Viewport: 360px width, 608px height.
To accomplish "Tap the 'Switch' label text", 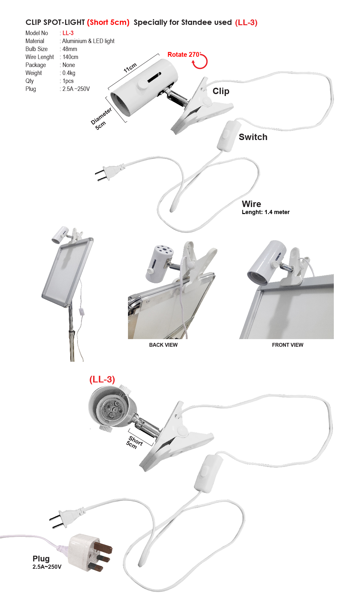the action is [x=253, y=137].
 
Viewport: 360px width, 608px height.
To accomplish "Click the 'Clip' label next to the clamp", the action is [x=221, y=91].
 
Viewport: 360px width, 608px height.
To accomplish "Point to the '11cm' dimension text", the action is [x=130, y=68].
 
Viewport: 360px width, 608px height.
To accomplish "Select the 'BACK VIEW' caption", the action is [x=163, y=345].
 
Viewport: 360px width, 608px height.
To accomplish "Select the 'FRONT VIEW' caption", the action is [x=288, y=345].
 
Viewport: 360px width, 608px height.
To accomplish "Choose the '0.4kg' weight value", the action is [x=69, y=73].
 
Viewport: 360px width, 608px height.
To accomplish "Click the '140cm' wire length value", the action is [x=70, y=57].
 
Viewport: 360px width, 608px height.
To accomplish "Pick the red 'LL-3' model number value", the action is [x=68, y=33].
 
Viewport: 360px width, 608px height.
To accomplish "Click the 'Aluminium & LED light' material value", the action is [x=88, y=41].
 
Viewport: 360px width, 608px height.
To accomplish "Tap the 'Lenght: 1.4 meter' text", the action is [x=266, y=212].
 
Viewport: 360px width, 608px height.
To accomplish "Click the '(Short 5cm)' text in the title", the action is [x=108, y=22].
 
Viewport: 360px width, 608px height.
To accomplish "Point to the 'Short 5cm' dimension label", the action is [x=134, y=442].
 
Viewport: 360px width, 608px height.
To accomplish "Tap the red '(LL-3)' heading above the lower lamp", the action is [x=102, y=379].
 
